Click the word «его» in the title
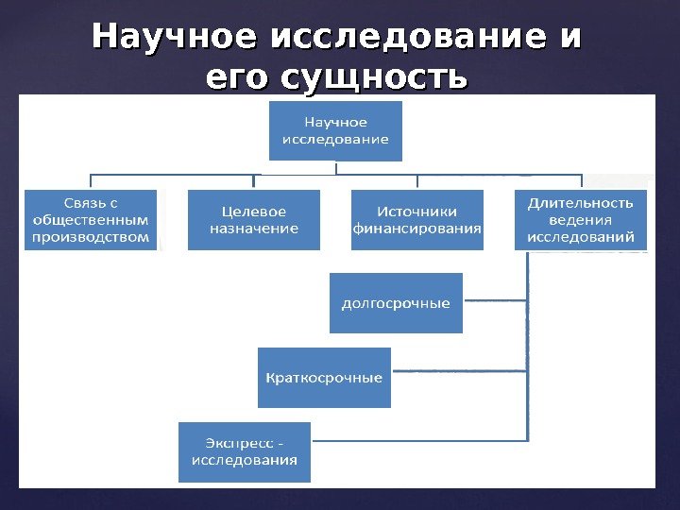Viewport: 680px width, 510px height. click(x=239, y=77)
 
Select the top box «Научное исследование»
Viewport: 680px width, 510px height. click(x=335, y=131)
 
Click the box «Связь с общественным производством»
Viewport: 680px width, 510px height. click(x=91, y=220)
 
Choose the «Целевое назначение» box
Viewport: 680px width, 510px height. click(x=254, y=220)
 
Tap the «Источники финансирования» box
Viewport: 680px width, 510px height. click(x=416, y=220)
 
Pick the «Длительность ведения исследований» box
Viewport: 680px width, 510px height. click(x=581, y=220)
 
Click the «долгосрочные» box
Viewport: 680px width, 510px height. click(x=396, y=303)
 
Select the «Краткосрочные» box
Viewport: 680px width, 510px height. click(x=324, y=378)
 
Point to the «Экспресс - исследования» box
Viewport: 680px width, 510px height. click(x=245, y=451)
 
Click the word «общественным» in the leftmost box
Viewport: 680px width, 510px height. click(x=91, y=220)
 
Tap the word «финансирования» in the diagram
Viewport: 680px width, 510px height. click(x=416, y=229)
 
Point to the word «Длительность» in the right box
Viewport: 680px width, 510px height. click(x=581, y=202)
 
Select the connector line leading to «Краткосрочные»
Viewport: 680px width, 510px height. click(x=458, y=375)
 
